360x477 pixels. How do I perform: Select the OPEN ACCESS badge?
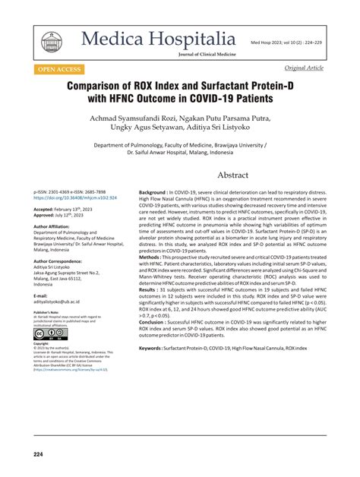coord(62,68)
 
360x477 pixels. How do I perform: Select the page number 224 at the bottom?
coord(38,454)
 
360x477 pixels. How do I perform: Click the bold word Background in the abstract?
coord(153,194)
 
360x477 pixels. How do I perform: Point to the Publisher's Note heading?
coord(45,311)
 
